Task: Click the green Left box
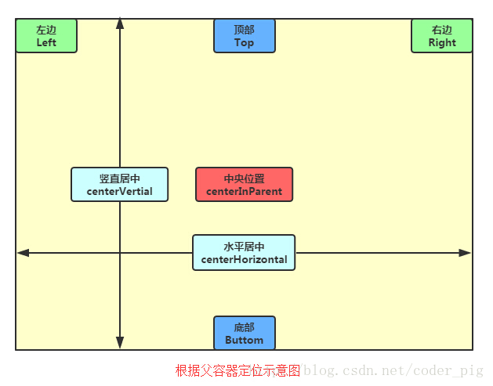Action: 46,36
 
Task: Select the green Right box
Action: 442,36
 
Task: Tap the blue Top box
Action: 245,36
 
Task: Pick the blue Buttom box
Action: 245,334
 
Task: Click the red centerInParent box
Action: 244,185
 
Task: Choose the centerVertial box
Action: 119,185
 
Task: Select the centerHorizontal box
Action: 244,252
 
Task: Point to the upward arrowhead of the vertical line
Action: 120,23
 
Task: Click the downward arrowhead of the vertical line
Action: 120,343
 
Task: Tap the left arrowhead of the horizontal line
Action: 23,253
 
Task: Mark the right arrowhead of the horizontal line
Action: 466,253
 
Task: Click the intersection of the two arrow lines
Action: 120,253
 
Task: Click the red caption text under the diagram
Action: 237,370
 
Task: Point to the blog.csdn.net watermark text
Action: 393,370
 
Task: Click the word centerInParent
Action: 244,192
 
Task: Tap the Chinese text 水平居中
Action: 244,247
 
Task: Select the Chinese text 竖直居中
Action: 119,179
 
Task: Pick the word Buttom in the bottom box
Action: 245,341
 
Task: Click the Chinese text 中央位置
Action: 244,179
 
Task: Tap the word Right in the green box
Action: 442,43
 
